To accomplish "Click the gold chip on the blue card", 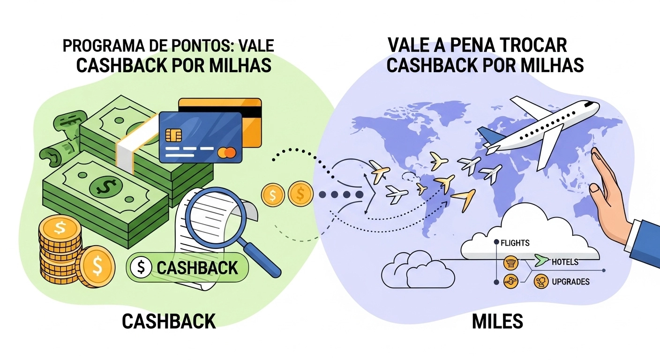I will (173, 135).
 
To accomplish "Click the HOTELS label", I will (565, 262).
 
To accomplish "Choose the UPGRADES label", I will (570, 282).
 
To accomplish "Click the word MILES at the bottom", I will (497, 322).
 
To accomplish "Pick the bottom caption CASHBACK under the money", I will (169, 322).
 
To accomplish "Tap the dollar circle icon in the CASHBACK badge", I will (141, 268).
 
